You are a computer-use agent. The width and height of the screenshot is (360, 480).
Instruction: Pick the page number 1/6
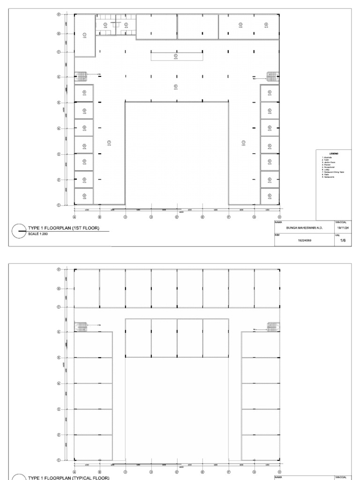[x=343, y=240]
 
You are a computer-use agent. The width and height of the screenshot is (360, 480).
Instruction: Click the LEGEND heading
[x=334, y=153]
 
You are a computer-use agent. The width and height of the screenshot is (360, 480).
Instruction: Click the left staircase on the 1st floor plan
[x=82, y=76]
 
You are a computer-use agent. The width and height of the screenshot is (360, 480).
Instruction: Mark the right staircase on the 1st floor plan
[x=272, y=76]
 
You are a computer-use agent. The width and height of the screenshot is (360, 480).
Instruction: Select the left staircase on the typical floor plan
[x=82, y=326]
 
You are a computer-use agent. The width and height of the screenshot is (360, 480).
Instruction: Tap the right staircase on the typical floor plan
[x=272, y=326]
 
